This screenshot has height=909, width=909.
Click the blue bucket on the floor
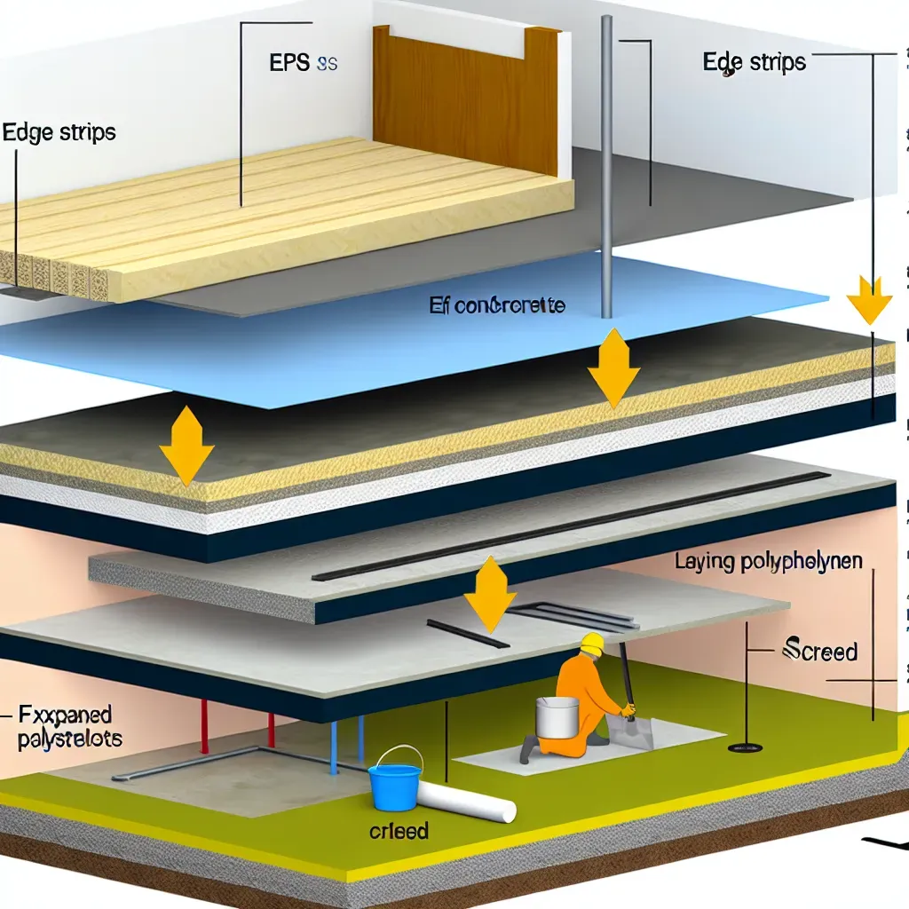pos(395,779)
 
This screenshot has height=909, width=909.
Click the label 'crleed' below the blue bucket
pos(399,832)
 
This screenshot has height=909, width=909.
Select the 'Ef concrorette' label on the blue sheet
pos(497,307)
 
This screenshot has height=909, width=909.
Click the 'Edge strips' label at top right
pos(754,62)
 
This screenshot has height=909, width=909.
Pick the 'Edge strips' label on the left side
pos(59,133)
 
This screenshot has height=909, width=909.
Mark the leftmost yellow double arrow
pos(186,445)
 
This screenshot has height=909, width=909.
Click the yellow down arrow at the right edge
pos(869,299)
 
